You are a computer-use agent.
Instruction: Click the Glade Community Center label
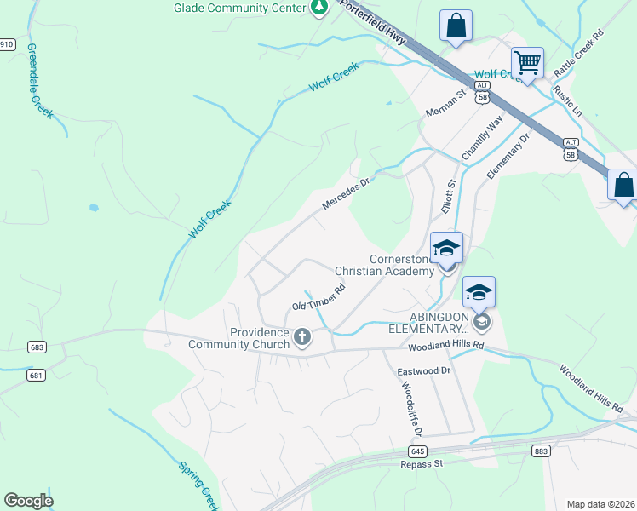click(x=239, y=8)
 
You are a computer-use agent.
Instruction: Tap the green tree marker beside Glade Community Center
click(x=319, y=8)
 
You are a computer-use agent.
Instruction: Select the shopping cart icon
click(x=527, y=62)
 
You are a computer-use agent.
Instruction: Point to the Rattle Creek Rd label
click(x=578, y=54)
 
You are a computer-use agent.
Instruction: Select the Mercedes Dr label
click(x=348, y=194)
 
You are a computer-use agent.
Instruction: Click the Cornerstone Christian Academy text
click(x=384, y=265)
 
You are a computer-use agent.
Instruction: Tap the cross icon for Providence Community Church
click(x=301, y=338)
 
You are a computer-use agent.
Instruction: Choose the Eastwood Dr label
click(x=423, y=371)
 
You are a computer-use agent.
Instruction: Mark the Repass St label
click(x=422, y=464)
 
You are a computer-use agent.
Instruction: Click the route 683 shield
click(x=35, y=347)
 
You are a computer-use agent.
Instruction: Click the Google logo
click(x=28, y=501)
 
